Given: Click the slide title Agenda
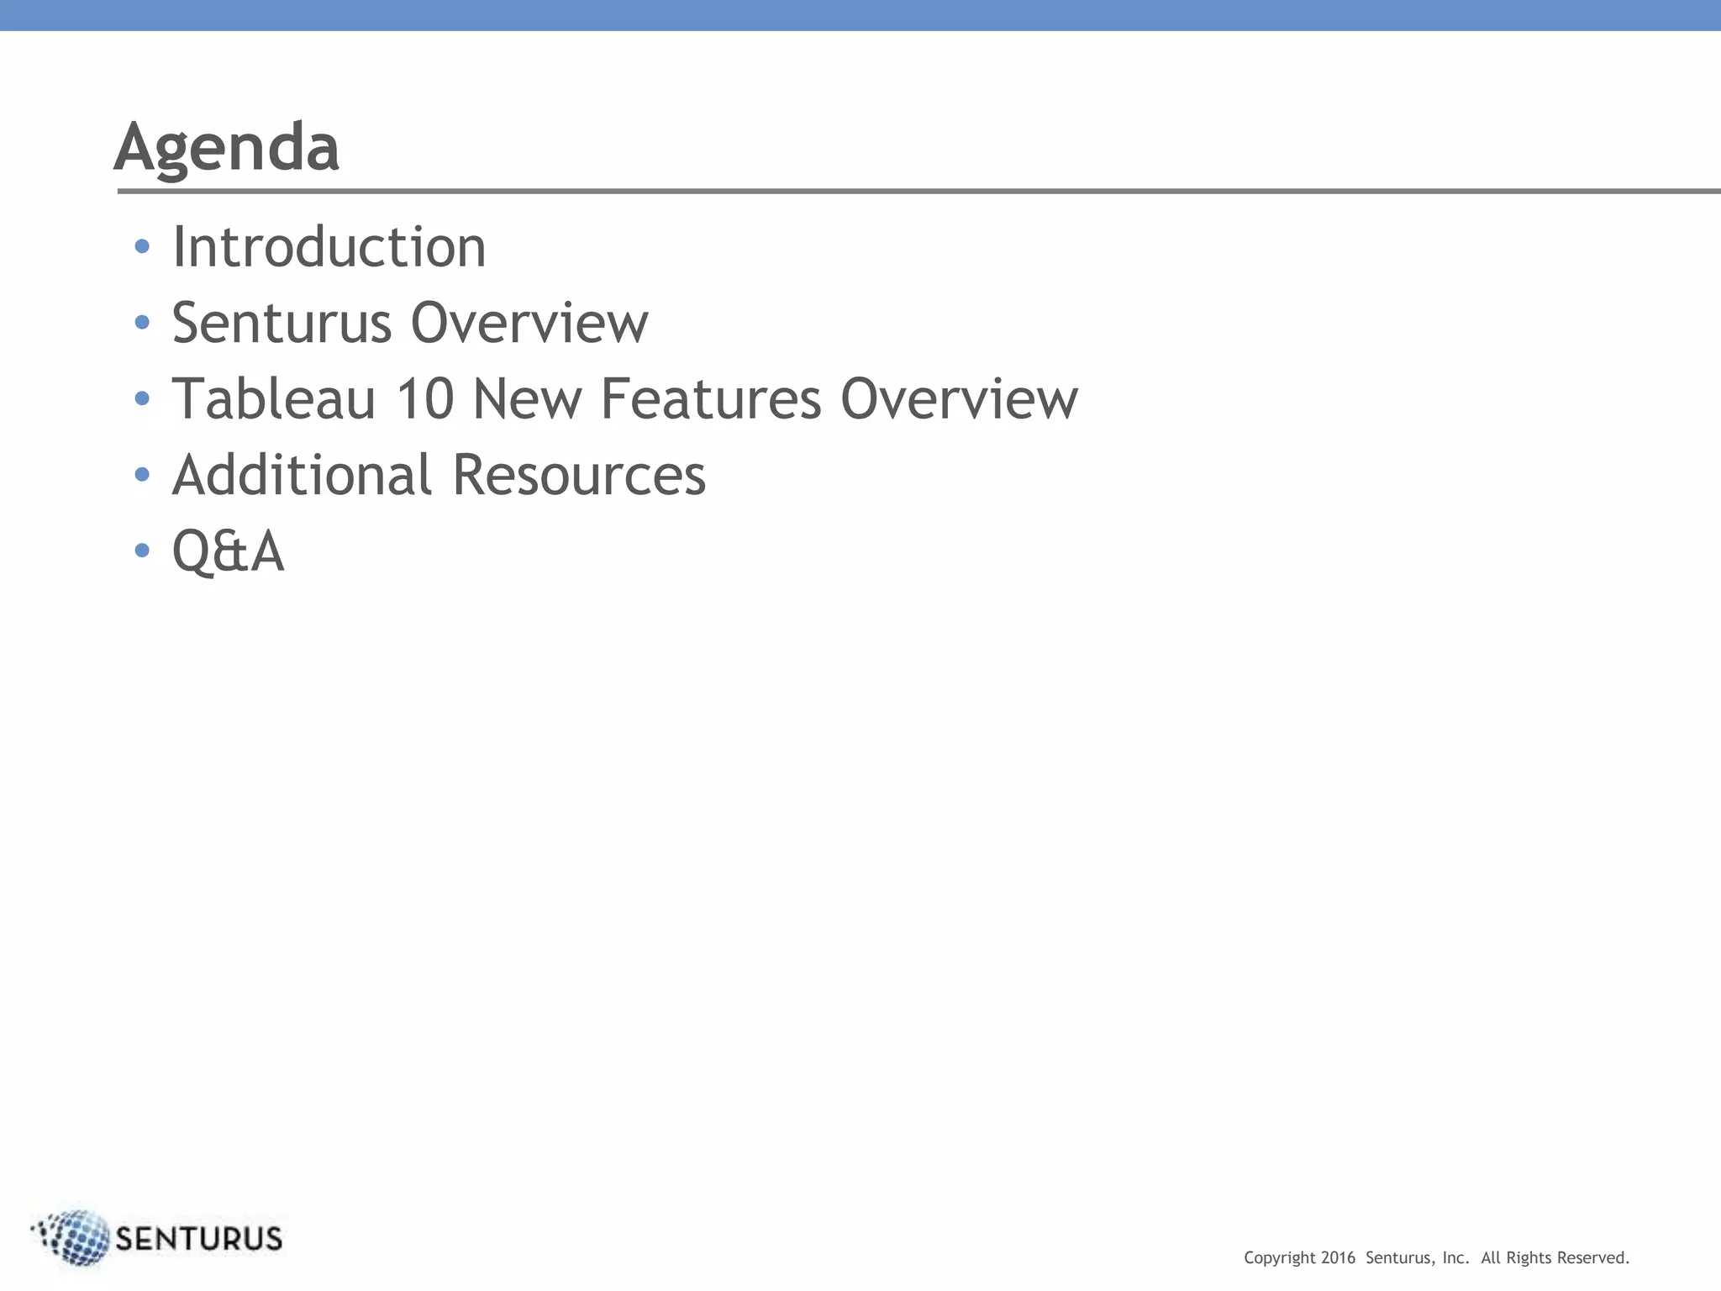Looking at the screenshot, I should (x=227, y=148).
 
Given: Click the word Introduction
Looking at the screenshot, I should (x=329, y=247).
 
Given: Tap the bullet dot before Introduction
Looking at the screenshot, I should (x=142, y=246).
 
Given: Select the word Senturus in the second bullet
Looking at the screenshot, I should (x=282, y=323).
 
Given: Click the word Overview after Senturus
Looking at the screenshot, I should (x=529, y=323).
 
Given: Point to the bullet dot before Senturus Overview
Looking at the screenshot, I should (x=142, y=322).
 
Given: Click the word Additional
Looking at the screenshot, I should (x=302, y=475).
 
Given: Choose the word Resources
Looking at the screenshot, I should (x=579, y=475).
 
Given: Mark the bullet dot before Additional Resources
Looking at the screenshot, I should (x=142, y=474).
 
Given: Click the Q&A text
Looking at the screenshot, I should (x=228, y=551).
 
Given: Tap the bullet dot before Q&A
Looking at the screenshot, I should (x=142, y=551).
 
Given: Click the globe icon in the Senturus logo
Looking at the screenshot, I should (x=76, y=1237).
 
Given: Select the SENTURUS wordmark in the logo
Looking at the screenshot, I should (x=198, y=1239).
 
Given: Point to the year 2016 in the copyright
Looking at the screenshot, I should (x=1338, y=1258).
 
